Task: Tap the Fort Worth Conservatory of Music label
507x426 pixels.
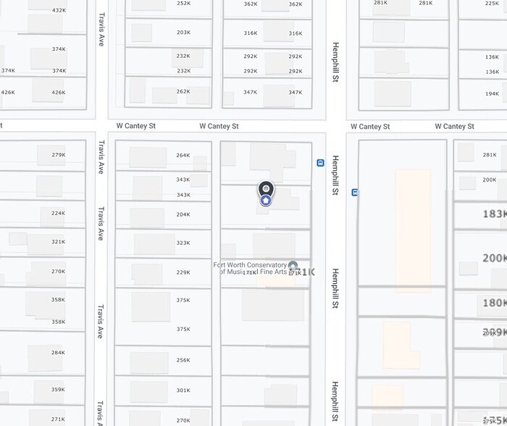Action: coord(250,268)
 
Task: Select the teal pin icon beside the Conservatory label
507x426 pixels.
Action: coord(293,266)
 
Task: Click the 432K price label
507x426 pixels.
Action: coord(59,11)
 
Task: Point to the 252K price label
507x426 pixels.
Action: coord(183,4)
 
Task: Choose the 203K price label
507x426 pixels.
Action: coord(183,33)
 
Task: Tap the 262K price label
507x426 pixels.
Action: coord(183,92)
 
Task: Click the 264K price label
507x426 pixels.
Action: coord(183,155)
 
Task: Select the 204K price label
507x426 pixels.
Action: coord(183,214)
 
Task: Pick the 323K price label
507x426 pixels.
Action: coord(183,243)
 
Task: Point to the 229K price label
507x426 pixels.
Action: coord(183,272)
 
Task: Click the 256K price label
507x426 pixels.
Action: coord(183,360)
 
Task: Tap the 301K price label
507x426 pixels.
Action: coord(183,390)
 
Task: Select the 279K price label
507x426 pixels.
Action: coord(59,155)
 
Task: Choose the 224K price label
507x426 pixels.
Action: coord(59,214)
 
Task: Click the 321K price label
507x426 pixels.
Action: coord(59,243)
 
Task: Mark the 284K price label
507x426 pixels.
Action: coord(59,353)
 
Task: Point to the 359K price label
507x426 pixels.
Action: coord(59,390)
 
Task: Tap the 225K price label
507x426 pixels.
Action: coord(492,4)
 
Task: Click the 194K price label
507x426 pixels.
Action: coord(492,93)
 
